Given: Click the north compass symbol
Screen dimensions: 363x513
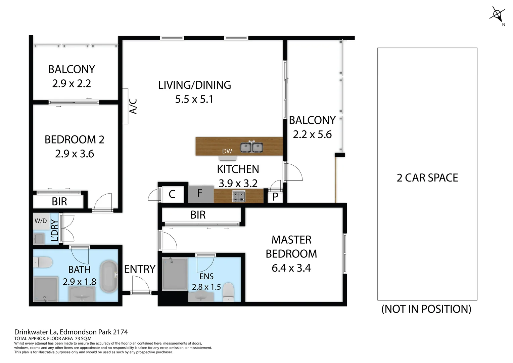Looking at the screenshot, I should pyautogui.click(x=497, y=14).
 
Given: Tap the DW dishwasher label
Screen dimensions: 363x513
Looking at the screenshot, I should pyautogui.click(x=227, y=151).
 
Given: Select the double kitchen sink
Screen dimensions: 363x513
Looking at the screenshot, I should pyautogui.click(x=251, y=147).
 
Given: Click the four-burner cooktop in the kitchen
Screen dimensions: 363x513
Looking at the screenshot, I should pyautogui.click(x=239, y=196).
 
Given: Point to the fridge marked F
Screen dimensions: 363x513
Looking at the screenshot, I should pyautogui.click(x=200, y=194).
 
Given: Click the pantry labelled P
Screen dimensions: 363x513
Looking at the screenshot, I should pyautogui.click(x=275, y=197).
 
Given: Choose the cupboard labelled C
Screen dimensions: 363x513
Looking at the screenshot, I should pyautogui.click(x=172, y=194).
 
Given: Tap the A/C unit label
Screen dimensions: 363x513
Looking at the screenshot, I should pyautogui.click(x=133, y=106).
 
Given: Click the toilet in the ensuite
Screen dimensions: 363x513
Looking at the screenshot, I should pyautogui.click(x=229, y=291).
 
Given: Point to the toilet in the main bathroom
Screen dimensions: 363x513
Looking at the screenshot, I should pyautogui.click(x=43, y=262).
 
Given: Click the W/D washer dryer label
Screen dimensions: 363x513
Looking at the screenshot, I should pyautogui.click(x=41, y=221).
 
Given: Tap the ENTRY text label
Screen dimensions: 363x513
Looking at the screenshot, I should pyautogui.click(x=140, y=269).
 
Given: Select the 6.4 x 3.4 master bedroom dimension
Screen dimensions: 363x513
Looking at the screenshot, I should pyautogui.click(x=291, y=268).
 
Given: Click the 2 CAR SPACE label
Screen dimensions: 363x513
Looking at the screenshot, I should pyautogui.click(x=427, y=178).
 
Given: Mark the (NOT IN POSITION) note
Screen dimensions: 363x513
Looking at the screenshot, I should pyautogui.click(x=426, y=309).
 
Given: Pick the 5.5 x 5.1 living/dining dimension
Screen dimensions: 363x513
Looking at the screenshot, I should pyautogui.click(x=194, y=99).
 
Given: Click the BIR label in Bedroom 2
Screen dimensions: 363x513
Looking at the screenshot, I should pyautogui.click(x=59, y=202).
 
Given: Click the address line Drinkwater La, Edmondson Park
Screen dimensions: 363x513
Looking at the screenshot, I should pyautogui.click(x=71, y=332).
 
